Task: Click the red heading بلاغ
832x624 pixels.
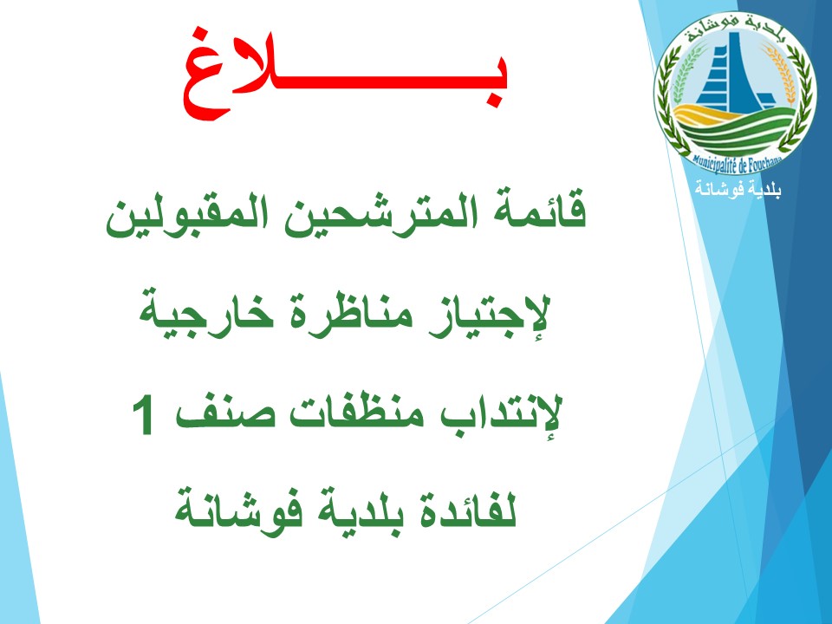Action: (x=346, y=75)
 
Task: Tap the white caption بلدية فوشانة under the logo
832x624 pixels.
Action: (x=738, y=190)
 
